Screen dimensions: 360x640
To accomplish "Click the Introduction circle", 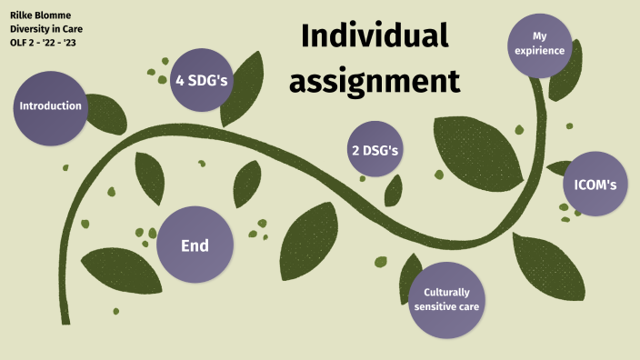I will pyautogui.click(x=51, y=106).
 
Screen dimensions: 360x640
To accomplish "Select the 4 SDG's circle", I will pyautogui.click(x=201, y=80).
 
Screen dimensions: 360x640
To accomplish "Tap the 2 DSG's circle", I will pyautogui.click(x=375, y=149).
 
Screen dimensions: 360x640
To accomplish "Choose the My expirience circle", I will pyautogui.click(x=542, y=44).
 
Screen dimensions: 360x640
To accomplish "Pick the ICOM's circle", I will pyautogui.click(x=595, y=185).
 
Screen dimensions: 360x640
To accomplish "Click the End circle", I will pyautogui.click(x=195, y=245).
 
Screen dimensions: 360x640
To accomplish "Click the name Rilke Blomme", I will pyautogui.click(x=40, y=15).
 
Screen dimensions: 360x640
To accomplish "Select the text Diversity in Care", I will pyautogui.click(x=45, y=30).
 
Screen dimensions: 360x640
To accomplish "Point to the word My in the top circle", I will pyautogui.click(x=543, y=35).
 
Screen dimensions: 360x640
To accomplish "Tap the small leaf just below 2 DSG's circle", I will pyautogui.click(x=394, y=190).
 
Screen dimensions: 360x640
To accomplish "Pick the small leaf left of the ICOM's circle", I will pyautogui.click(x=555, y=168).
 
